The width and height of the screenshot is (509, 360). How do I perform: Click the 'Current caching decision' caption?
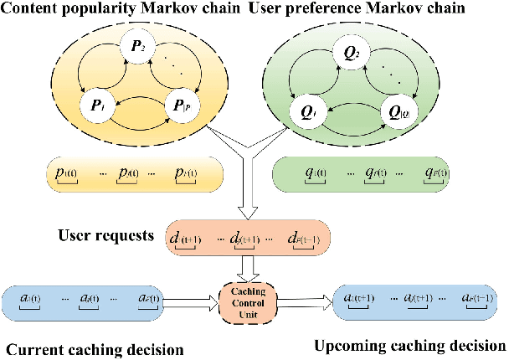coord(94,348)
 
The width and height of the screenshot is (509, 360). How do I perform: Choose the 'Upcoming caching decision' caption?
coord(410,345)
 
